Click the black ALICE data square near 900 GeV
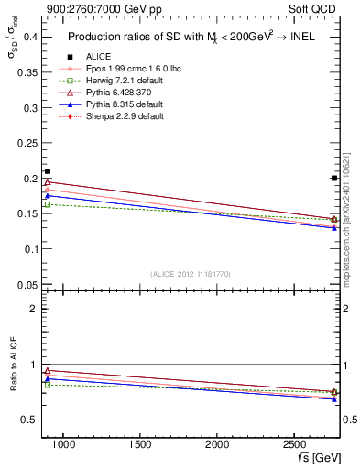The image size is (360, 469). tap(48, 171)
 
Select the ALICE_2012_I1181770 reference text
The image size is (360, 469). tap(191, 274)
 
